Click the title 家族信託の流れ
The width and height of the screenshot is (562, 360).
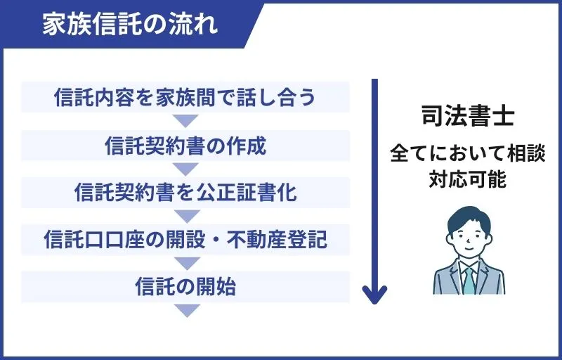coord(130,24)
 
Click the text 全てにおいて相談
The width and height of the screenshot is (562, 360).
coord(468,153)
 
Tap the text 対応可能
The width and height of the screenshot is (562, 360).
coord(468,179)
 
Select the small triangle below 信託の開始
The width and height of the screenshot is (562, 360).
coord(185,310)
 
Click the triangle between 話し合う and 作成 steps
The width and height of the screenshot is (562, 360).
coord(185,121)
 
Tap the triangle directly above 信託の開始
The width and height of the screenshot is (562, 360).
coord(185,263)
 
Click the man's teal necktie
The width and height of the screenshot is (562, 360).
coord(469,279)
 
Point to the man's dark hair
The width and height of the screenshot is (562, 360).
coord(469,218)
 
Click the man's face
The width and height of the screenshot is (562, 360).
coord(469,241)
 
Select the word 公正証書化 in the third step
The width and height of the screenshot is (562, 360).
coord(259,192)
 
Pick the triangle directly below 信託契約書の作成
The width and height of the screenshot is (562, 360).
coord(185,169)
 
